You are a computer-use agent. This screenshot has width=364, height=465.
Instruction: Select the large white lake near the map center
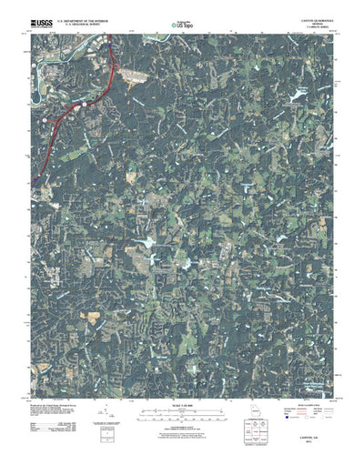[145, 243]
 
